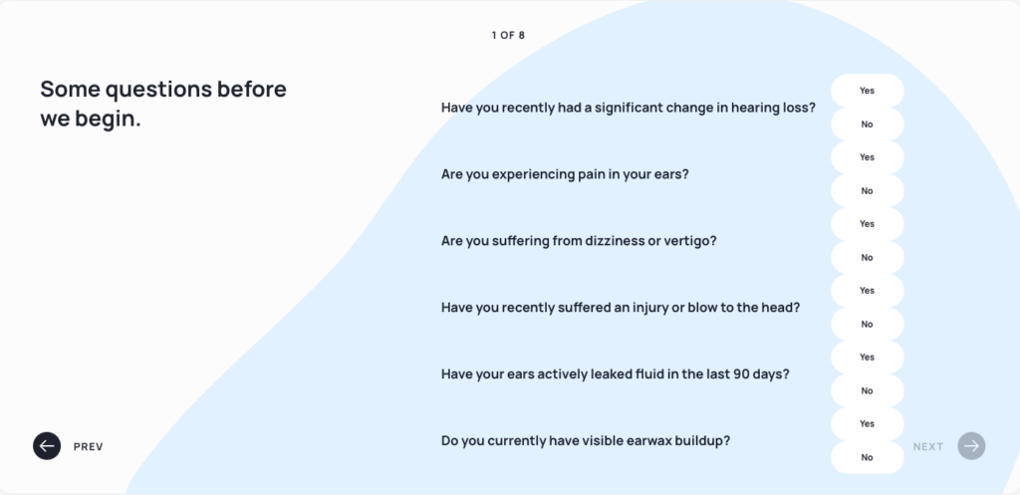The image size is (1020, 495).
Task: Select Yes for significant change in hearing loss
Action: point(868,91)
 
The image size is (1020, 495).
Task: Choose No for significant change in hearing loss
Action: point(868,124)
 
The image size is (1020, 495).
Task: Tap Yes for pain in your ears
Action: point(868,157)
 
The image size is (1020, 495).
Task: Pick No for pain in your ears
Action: point(868,191)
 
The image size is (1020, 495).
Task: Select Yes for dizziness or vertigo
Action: point(868,224)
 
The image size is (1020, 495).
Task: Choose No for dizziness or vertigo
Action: point(868,258)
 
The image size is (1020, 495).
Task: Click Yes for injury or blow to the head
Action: point(868,291)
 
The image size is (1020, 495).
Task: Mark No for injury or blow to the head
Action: point(868,324)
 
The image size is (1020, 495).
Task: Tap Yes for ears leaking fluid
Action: point(868,358)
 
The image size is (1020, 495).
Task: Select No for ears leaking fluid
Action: point(868,391)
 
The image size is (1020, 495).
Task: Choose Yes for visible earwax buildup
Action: point(868,424)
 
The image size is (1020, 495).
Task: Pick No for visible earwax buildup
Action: point(868,457)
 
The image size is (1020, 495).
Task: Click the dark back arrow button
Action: point(47,446)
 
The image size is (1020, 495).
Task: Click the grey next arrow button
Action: point(972,446)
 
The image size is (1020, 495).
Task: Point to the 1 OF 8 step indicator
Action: point(508,35)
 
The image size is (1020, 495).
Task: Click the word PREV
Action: point(89,447)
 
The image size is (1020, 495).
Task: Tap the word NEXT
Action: point(928,447)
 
